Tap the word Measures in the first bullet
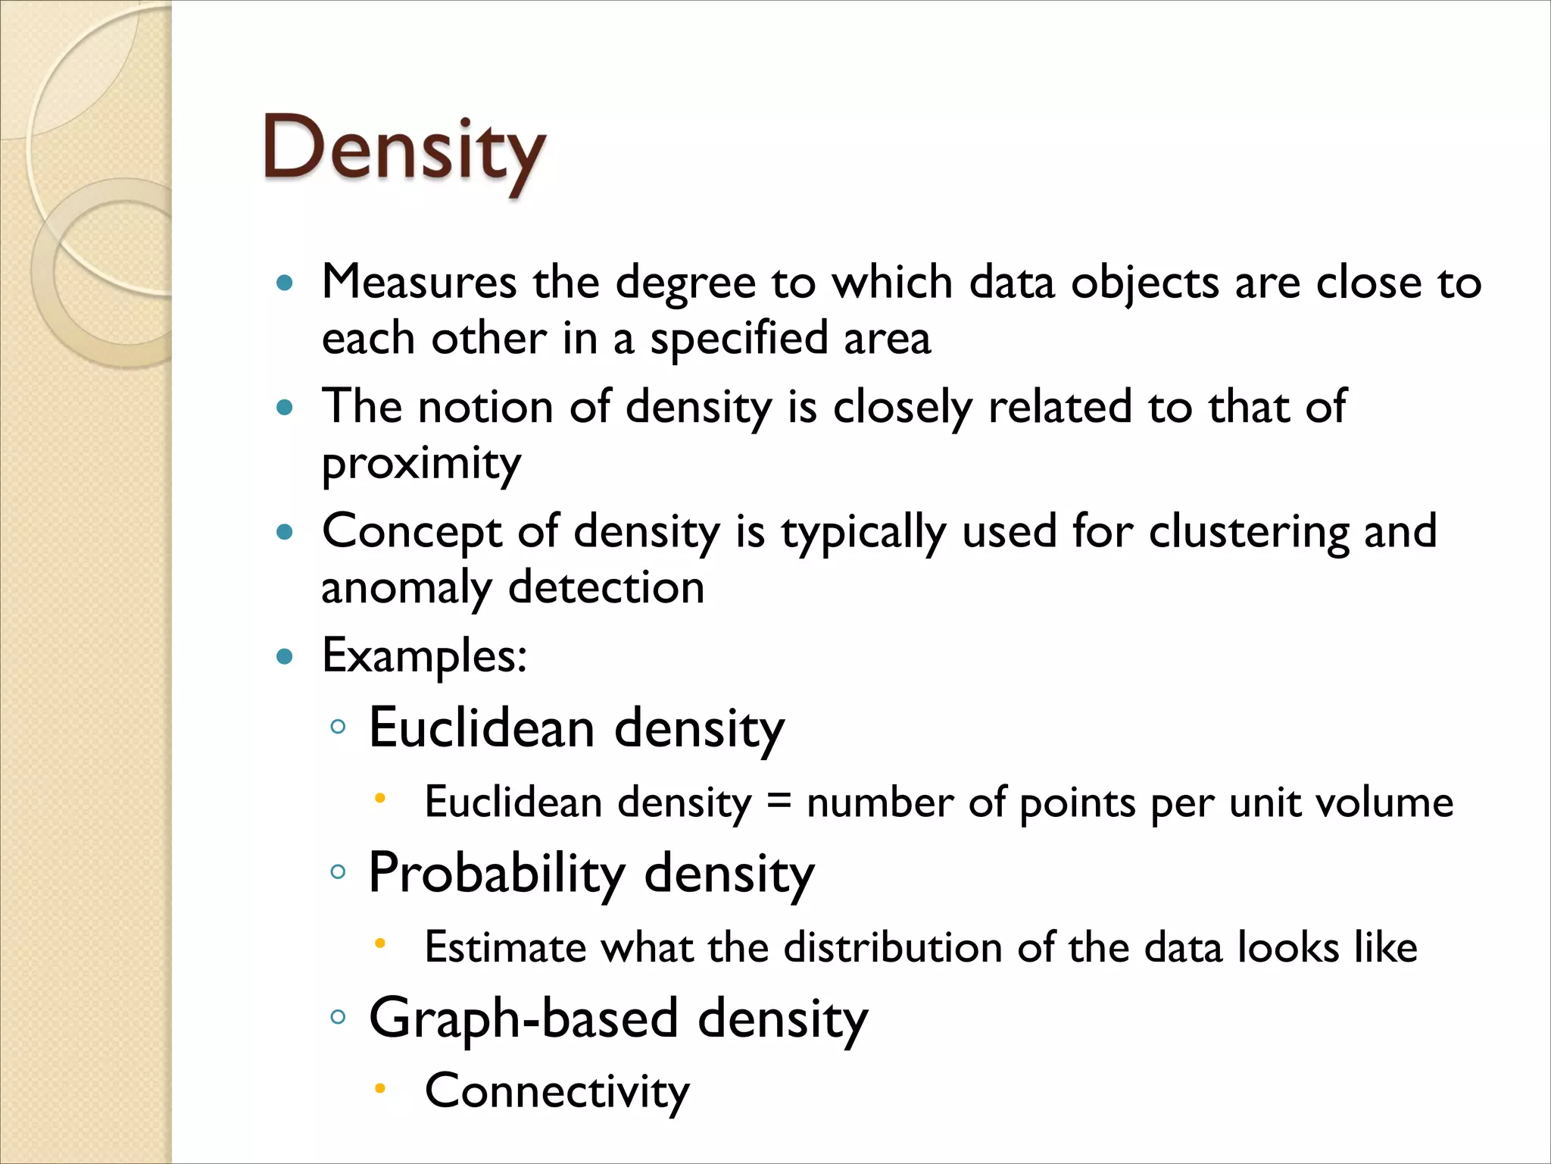419,283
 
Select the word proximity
421,463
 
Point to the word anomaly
406,588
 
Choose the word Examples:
424,656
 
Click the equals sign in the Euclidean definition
779,801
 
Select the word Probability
496,873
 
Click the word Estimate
505,947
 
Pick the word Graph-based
523,1018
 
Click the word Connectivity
557,1091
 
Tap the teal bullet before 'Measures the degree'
285,283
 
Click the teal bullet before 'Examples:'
285,656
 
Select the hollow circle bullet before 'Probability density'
339,872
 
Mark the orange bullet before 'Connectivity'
380,1089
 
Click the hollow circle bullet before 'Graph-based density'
339,1017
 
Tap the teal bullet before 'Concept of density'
285,532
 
